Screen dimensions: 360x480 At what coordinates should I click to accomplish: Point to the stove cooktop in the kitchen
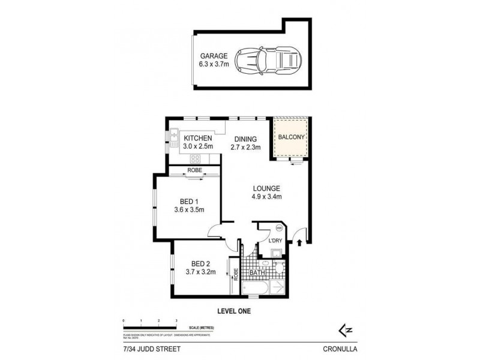click(196, 158)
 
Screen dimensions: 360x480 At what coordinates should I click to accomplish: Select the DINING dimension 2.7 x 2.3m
click(245, 147)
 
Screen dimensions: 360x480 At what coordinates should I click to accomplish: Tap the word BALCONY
click(291, 137)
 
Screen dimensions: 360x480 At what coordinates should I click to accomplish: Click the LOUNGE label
click(266, 188)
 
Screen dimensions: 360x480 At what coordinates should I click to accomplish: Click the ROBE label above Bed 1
click(195, 170)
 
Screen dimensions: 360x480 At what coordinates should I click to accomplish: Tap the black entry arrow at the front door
click(298, 242)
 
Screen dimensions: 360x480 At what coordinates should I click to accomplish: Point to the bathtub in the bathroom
click(255, 289)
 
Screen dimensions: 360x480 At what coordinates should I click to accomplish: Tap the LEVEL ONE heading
click(233, 311)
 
